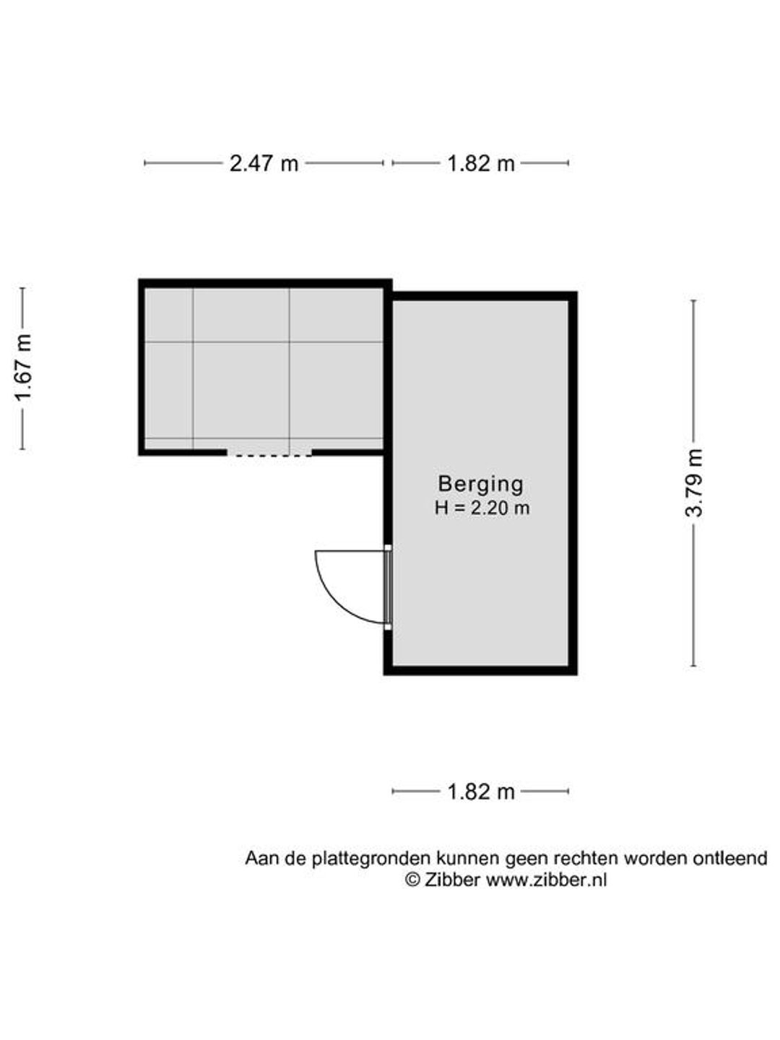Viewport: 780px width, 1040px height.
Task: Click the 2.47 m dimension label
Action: (x=264, y=163)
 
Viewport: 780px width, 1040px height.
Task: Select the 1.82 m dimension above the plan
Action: (x=481, y=163)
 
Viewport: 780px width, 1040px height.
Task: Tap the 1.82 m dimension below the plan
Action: (x=481, y=792)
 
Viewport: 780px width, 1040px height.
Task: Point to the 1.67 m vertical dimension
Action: (x=22, y=368)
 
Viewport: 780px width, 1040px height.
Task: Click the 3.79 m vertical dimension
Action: (x=694, y=483)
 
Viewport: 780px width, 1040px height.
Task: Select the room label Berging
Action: (x=481, y=484)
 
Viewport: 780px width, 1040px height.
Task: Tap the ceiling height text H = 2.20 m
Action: (x=482, y=508)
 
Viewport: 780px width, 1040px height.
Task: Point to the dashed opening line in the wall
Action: (x=269, y=455)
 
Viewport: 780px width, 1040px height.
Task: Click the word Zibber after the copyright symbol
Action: (x=452, y=880)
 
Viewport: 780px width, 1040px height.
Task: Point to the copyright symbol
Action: (x=413, y=880)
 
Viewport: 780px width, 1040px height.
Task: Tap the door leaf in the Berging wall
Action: (x=388, y=587)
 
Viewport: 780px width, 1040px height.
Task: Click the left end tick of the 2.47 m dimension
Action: (x=145, y=163)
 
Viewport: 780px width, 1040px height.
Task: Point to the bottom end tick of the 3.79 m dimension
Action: (x=694, y=666)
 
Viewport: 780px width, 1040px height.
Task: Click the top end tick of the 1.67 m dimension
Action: (x=22, y=288)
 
